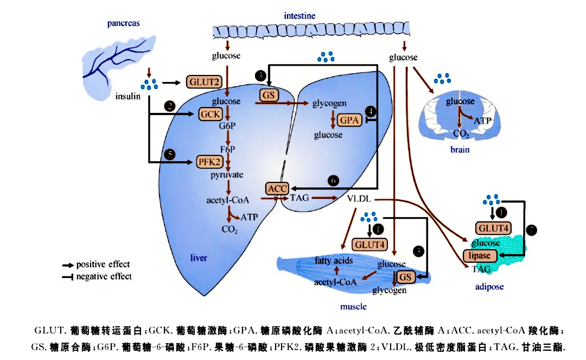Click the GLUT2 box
click(x=205, y=83)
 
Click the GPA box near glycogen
click(x=349, y=121)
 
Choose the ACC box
click(x=277, y=188)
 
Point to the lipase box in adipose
click(x=480, y=255)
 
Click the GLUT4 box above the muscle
click(x=371, y=244)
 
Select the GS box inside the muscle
click(x=405, y=277)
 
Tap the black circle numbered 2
click(x=170, y=106)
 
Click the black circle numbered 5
click(x=170, y=155)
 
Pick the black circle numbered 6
click(x=334, y=180)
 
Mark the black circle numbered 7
click(x=531, y=230)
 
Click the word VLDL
click(x=359, y=199)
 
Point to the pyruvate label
click(x=227, y=175)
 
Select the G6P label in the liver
click(x=227, y=127)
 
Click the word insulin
click(x=128, y=97)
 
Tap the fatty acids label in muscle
click(x=334, y=261)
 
